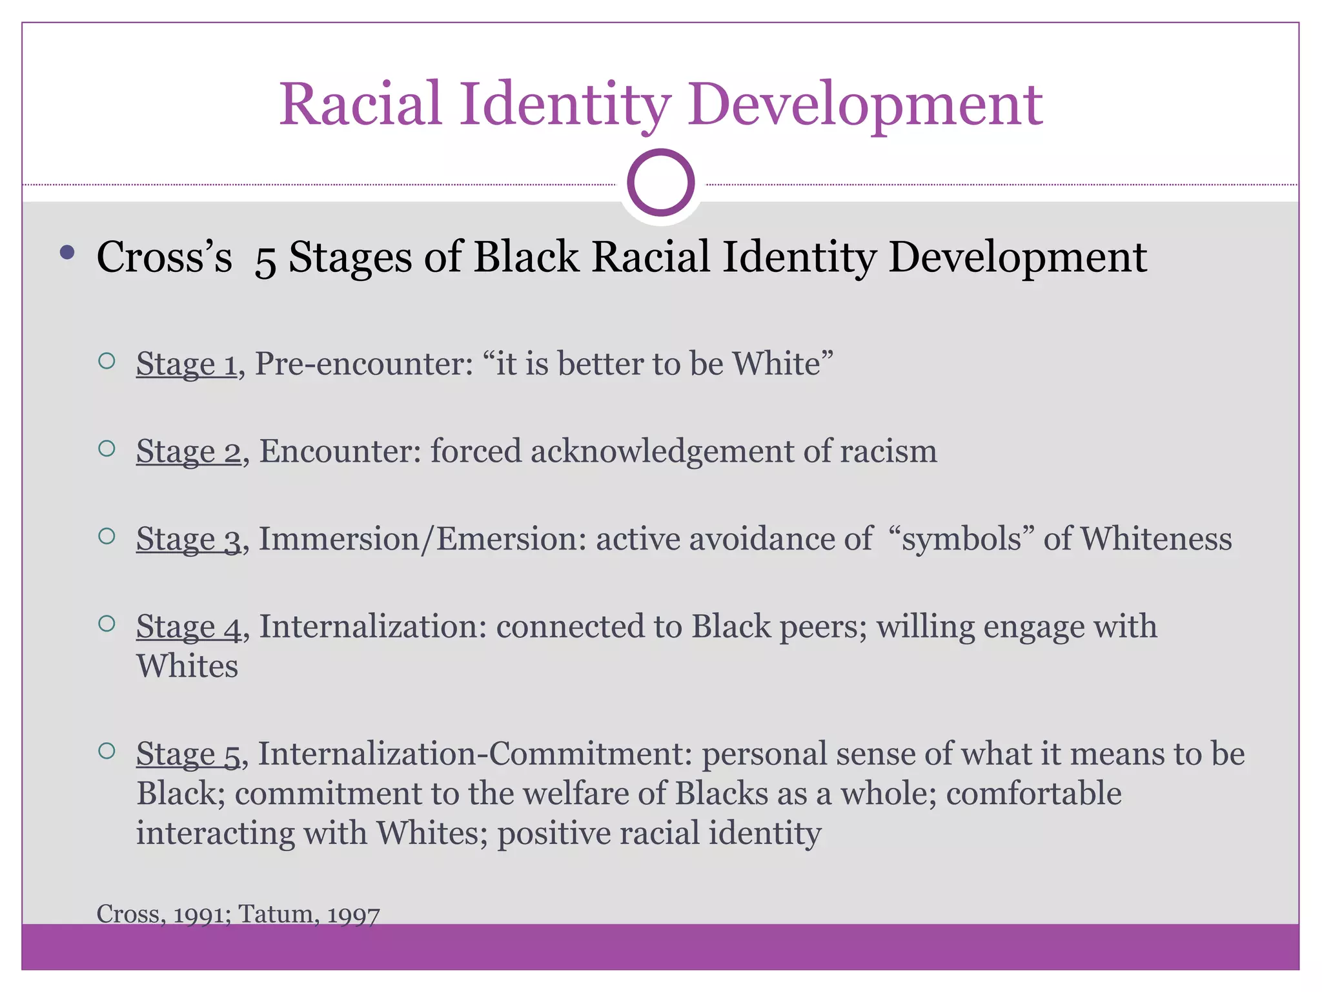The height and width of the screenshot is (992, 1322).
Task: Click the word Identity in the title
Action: point(565,105)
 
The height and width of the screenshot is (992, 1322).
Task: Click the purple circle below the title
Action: point(660,183)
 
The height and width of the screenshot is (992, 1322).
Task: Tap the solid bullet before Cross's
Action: point(67,253)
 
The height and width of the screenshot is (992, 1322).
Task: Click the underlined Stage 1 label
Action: point(186,364)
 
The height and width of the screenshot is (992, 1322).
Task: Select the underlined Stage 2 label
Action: point(188,451)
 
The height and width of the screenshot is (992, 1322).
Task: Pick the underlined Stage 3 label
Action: point(188,539)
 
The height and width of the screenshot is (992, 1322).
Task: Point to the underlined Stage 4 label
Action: point(188,626)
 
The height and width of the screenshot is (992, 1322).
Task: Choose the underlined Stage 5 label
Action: point(188,754)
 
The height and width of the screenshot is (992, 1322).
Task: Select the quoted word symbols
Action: point(962,539)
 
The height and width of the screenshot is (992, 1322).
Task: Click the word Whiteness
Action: point(1156,539)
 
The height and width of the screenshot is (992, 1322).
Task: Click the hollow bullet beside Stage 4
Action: point(107,623)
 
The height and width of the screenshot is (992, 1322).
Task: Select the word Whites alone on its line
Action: point(187,666)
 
